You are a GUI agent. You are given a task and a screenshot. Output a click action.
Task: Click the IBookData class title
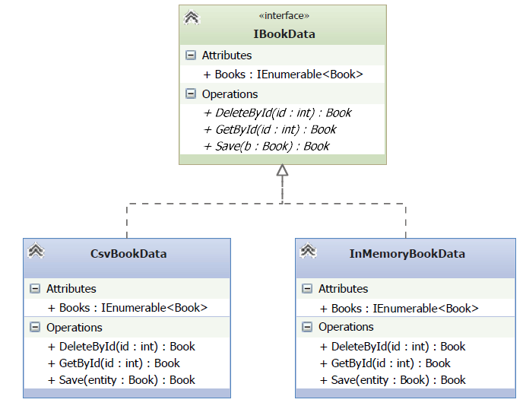(x=284, y=34)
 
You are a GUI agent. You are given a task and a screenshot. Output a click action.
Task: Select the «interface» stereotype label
(x=284, y=16)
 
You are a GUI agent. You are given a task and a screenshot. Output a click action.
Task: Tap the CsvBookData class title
(x=128, y=254)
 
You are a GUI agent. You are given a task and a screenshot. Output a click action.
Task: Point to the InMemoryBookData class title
(x=407, y=254)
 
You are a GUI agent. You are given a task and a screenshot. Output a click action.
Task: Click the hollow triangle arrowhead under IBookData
(x=282, y=170)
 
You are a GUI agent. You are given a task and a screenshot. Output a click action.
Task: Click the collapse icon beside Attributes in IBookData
(x=191, y=55)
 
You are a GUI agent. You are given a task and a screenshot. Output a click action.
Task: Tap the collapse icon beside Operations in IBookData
(x=191, y=94)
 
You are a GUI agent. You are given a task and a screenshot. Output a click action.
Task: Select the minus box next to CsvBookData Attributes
(x=35, y=288)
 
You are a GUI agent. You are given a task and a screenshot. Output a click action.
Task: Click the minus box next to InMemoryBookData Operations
(x=307, y=327)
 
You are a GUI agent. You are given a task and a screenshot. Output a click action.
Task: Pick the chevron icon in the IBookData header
(x=192, y=17)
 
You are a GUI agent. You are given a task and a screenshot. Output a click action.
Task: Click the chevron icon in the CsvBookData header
(x=36, y=250)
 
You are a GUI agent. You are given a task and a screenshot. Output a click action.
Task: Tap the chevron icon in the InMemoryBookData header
(x=308, y=250)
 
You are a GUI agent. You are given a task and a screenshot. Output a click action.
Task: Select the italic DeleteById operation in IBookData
(x=277, y=113)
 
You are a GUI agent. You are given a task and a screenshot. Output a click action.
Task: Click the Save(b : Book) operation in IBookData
(x=266, y=146)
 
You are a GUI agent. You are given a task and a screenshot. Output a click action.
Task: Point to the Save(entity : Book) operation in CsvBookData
(x=122, y=380)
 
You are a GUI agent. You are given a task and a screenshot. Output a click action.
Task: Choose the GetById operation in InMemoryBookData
(x=385, y=363)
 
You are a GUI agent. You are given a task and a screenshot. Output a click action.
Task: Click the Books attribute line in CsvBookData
(x=128, y=308)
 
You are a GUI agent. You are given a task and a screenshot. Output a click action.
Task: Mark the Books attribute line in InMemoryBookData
(x=399, y=309)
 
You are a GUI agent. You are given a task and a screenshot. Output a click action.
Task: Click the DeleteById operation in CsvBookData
(x=122, y=346)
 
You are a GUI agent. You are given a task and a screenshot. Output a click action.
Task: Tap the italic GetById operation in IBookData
(x=270, y=129)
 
